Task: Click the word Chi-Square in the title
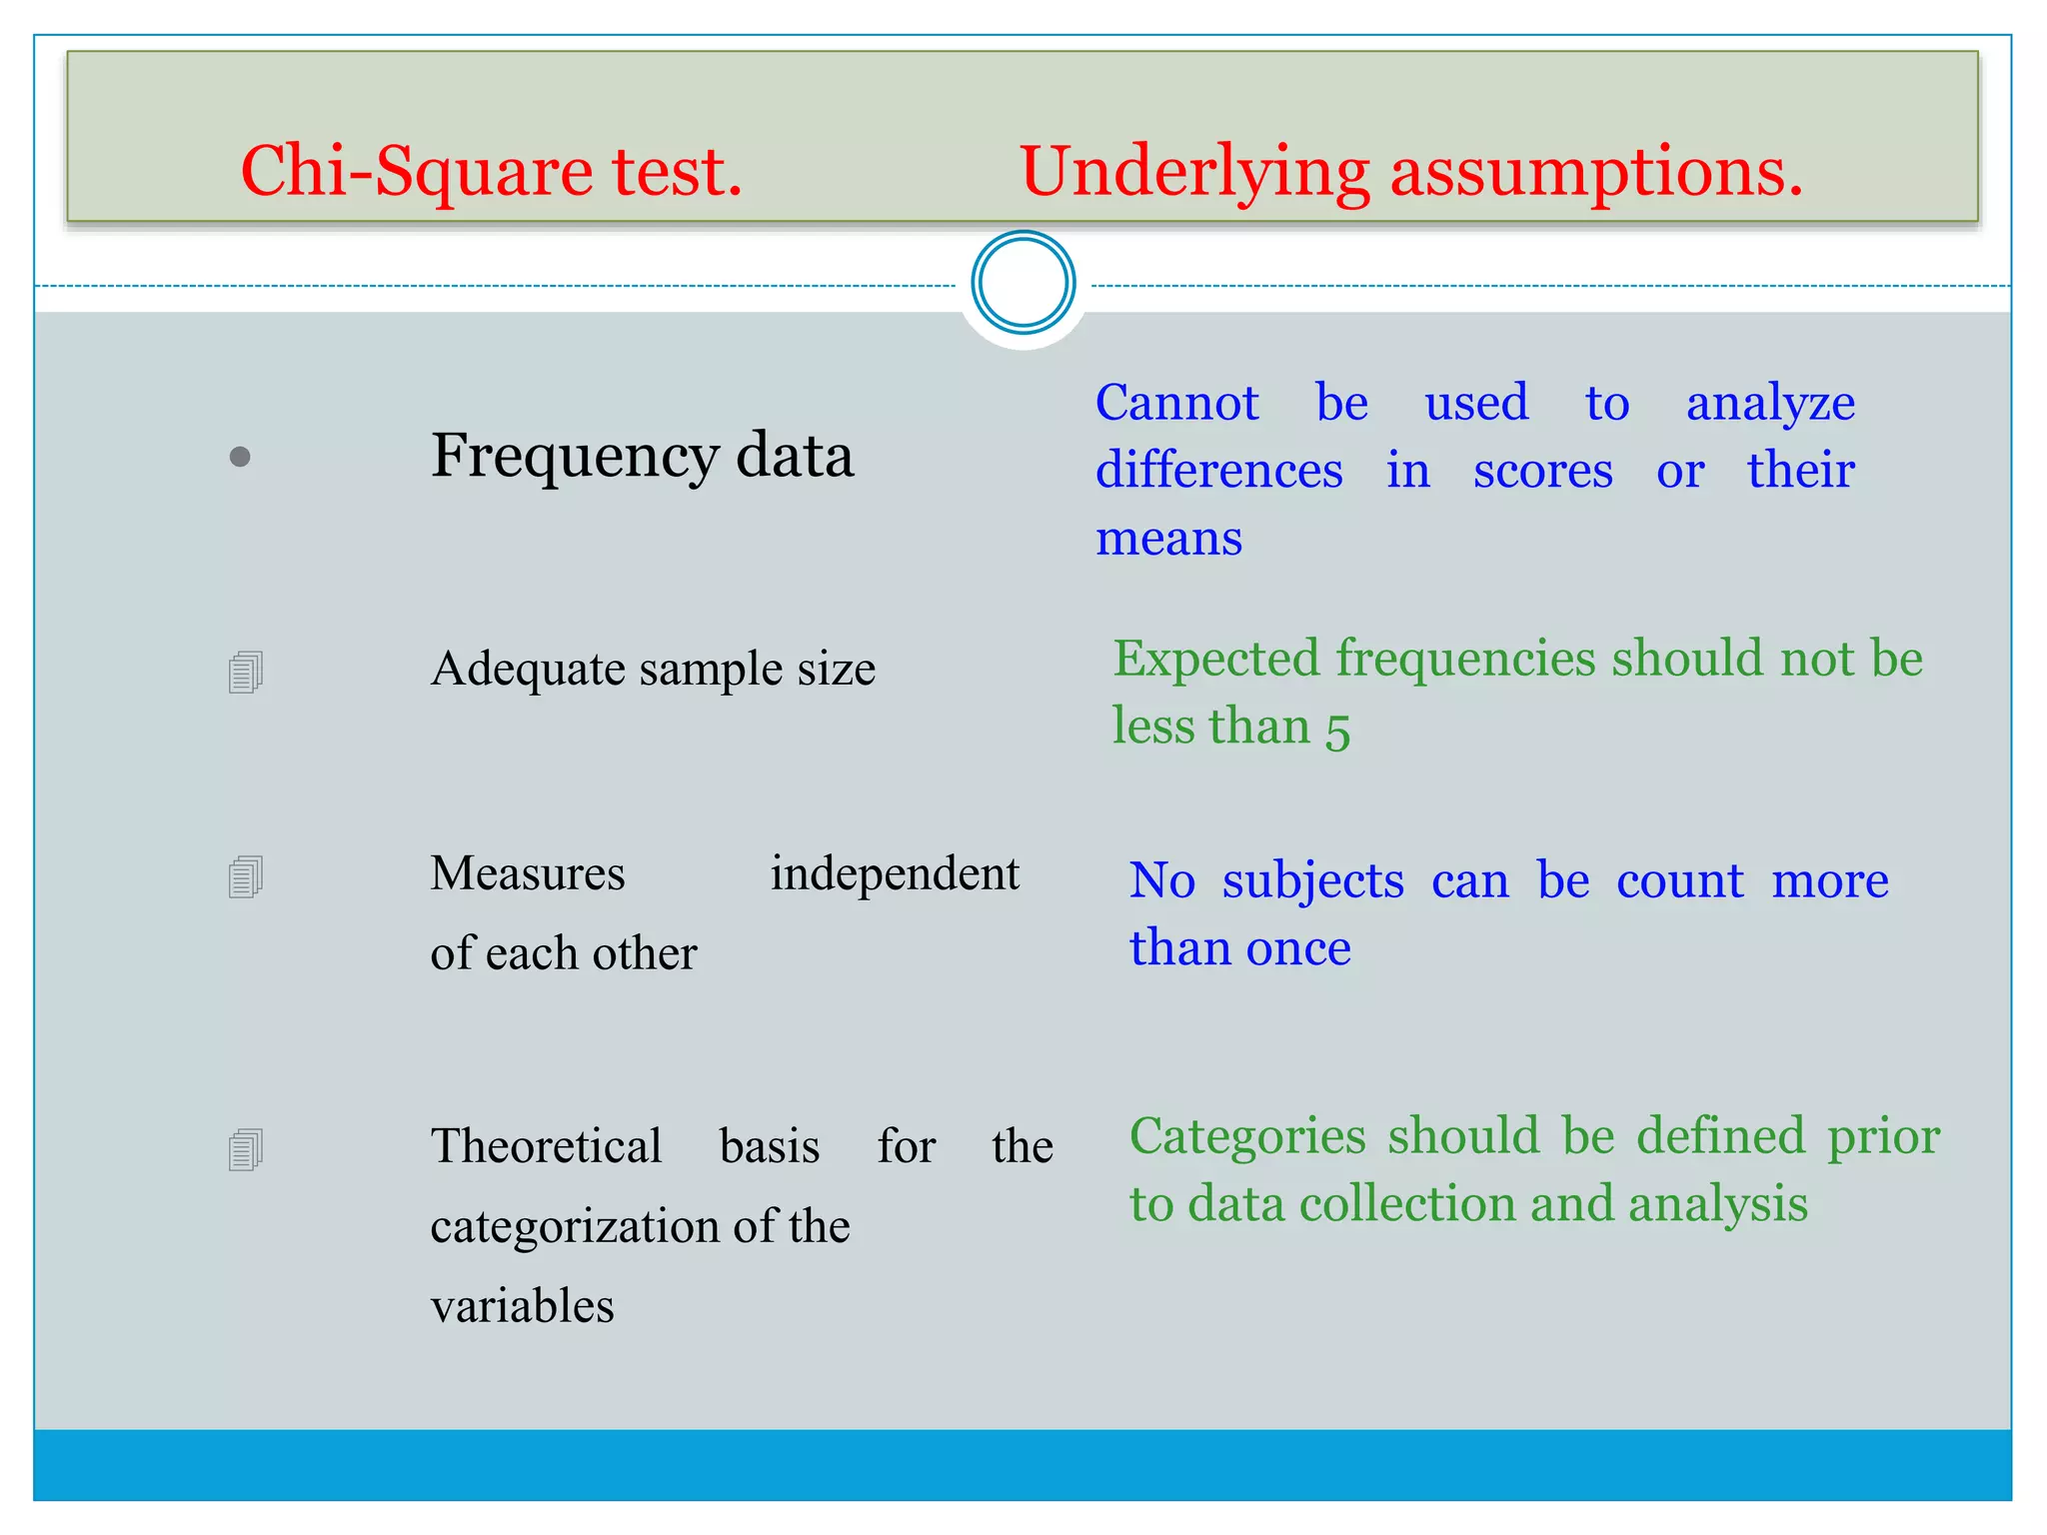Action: pyautogui.click(x=416, y=173)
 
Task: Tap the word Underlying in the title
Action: pyautogui.click(x=1193, y=173)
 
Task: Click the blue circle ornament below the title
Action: pyautogui.click(x=1023, y=283)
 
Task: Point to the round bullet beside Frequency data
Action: pyautogui.click(x=240, y=458)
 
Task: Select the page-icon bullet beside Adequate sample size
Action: pyautogui.click(x=245, y=673)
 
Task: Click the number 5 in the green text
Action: pyautogui.click(x=1337, y=730)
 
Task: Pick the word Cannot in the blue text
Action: pyautogui.click(x=1176, y=404)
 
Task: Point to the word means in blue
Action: pyautogui.click(x=1168, y=540)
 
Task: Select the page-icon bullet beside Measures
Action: pyautogui.click(x=245, y=877)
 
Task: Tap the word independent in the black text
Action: pyautogui.click(x=894, y=874)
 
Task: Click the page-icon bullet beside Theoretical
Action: pyautogui.click(x=245, y=1150)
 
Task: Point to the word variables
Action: pyautogui.click(x=522, y=1307)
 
